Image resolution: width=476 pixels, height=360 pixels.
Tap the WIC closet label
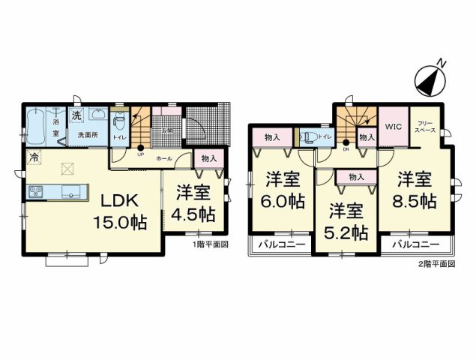click(x=394, y=127)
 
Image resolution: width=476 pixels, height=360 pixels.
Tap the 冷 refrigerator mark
click(x=33, y=157)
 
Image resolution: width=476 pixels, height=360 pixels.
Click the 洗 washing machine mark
click(x=76, y=115)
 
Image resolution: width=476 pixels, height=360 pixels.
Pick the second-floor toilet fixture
click(x=308, y=137)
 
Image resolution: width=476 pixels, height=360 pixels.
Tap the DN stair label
click(x=346, y=149)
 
